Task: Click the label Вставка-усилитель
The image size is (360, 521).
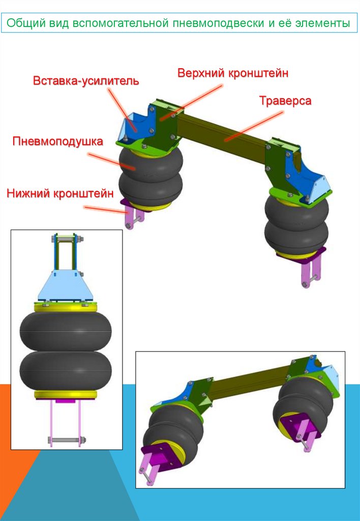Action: click(85, 81)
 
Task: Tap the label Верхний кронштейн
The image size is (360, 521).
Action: click(233, 73)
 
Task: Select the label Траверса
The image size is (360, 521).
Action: click(285, 101)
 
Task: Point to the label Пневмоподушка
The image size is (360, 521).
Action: click(58, 141)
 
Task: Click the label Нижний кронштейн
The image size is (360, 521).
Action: click(59, 193)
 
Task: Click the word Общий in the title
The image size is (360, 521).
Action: click(26, 23)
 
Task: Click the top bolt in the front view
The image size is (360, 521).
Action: click(66, 238)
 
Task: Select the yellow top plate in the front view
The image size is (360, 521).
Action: click(66, 307)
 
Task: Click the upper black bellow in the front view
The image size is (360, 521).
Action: click(66, 331)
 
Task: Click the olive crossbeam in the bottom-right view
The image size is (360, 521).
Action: click(244, 387)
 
